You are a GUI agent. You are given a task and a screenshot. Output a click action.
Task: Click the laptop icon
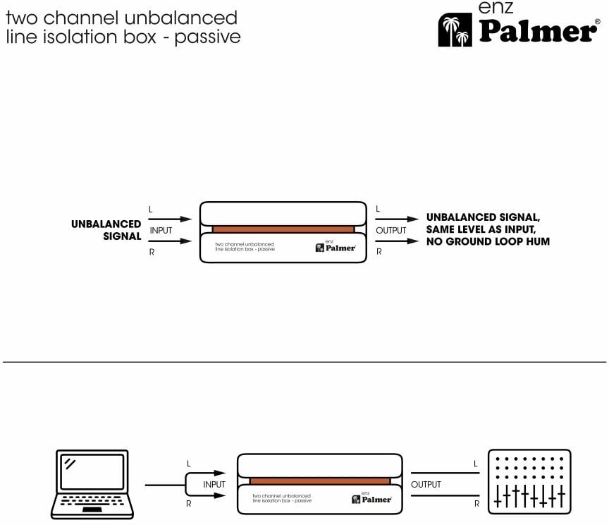tap(92, 484)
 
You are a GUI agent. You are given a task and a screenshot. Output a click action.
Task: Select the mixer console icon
tap(531, 480)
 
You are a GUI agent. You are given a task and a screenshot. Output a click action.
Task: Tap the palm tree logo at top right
tap(455, 30)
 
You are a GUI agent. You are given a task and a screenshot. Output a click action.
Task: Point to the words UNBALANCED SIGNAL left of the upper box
tap(106, 230)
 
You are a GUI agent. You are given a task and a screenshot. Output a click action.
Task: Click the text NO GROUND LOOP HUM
tap(488, 242)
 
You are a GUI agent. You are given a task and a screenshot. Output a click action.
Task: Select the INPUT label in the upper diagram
tap(161, 230)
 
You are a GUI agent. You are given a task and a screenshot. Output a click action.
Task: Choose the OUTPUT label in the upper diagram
tap(391, 230)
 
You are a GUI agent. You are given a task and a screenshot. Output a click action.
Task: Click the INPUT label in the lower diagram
tap(214, 485)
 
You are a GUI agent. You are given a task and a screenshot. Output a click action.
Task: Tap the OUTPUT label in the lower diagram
tap(426, 485)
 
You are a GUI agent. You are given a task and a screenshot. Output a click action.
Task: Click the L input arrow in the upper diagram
tap(170, 219)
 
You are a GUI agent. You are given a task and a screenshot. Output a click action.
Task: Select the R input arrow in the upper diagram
tap(170, 241)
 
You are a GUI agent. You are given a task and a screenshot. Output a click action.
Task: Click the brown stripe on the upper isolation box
tap(283, 229)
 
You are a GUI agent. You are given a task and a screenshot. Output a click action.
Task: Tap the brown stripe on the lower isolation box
tap(320, 481)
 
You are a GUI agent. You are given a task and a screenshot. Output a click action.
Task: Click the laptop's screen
tap(92, 472)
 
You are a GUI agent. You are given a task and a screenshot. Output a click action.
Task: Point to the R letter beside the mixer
tap(477, 505)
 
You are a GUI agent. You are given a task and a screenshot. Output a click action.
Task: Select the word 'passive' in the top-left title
tap(208, 37)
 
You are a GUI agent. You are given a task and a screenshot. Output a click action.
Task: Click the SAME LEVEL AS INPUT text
tap(483, 230)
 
